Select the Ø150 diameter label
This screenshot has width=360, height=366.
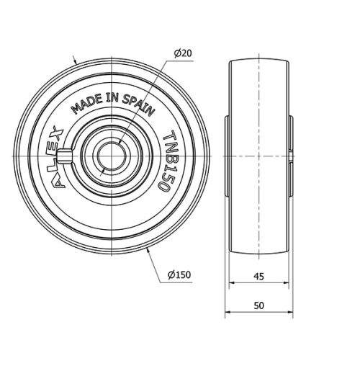point(179,275)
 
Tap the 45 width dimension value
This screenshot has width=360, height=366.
point(259,275)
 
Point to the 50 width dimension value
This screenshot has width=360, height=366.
point(259,305)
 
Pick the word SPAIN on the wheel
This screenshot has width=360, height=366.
point(138,106)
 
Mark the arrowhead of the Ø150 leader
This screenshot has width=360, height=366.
point(147,249)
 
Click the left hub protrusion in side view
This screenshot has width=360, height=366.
point(227,155)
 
